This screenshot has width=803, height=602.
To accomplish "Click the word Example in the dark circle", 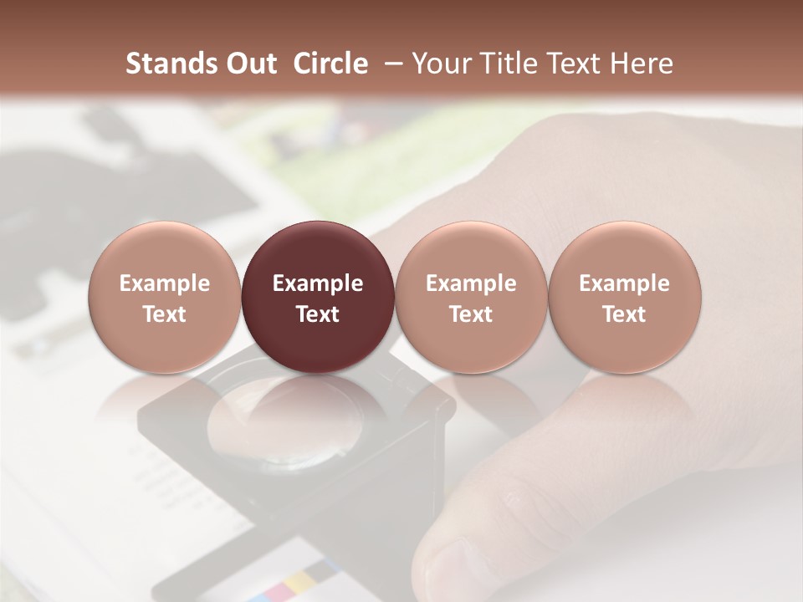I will (318, 283).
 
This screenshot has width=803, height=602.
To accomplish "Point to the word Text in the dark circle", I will (318, 314).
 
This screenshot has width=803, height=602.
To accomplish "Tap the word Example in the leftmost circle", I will (164, 283).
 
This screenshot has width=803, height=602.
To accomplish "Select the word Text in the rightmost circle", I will (625, 314).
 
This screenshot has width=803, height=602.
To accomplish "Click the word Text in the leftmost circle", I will (164, 314).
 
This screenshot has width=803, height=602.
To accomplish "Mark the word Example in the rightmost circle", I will (625, 283).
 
